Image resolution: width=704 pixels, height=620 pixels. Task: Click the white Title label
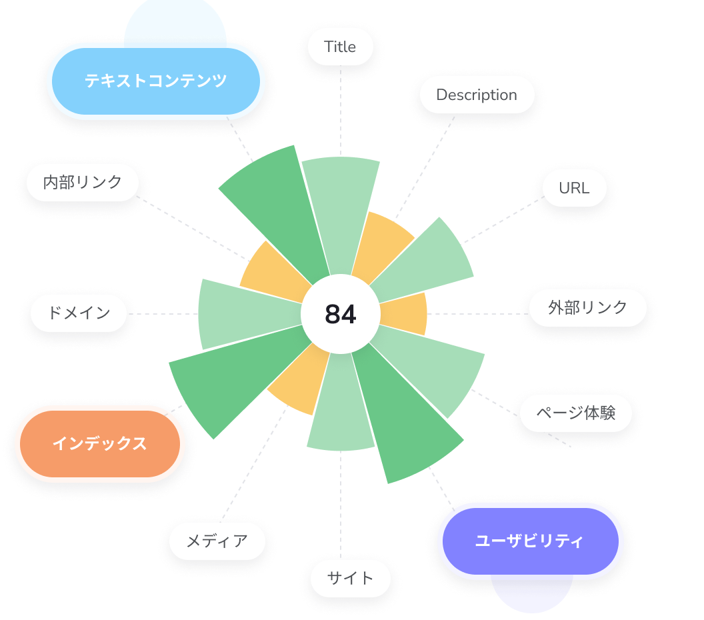pos(340,47)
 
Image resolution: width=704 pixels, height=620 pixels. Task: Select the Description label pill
pos(477,95)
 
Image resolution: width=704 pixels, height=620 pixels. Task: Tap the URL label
pos(574,188)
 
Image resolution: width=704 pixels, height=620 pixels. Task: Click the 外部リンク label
pos(587,307)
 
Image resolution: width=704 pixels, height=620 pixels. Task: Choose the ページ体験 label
pos(575,413)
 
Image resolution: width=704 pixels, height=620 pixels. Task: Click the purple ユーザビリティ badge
pos(529,541)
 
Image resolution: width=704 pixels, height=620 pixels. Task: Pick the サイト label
pos(350,578)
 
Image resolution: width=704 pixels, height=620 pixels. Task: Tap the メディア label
pos(217,541)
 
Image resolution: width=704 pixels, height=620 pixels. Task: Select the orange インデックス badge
pos(99,443)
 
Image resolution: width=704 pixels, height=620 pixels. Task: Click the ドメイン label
pos(79,313)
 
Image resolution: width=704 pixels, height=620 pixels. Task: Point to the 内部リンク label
pos(83,182)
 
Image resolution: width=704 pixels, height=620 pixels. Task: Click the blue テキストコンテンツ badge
pos(155,81)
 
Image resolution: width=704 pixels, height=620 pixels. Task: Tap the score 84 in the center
pos(340,314)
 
